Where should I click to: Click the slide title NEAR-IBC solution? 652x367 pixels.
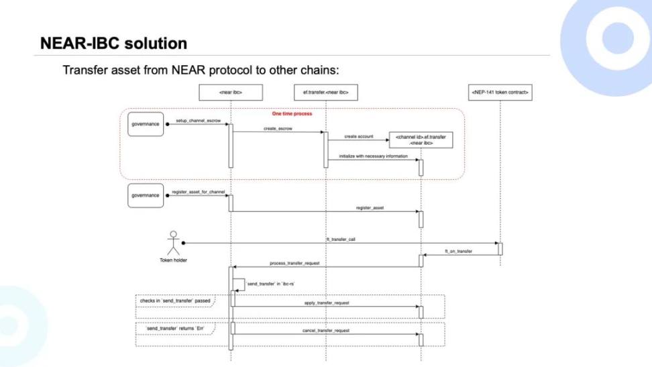113,44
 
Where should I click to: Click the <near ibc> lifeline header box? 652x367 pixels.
230,92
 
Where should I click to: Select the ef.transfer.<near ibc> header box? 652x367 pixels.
325,92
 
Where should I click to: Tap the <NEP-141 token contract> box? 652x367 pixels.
500,92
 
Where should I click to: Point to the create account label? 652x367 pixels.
359,136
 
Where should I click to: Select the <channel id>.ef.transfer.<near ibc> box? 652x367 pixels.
421,140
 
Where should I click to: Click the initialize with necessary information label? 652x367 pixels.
368,156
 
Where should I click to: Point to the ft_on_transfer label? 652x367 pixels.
458,251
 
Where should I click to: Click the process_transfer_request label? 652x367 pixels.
297,263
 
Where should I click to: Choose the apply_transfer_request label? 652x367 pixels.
327,303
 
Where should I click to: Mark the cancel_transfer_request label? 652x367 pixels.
327,330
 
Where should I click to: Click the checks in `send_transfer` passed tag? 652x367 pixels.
175,301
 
